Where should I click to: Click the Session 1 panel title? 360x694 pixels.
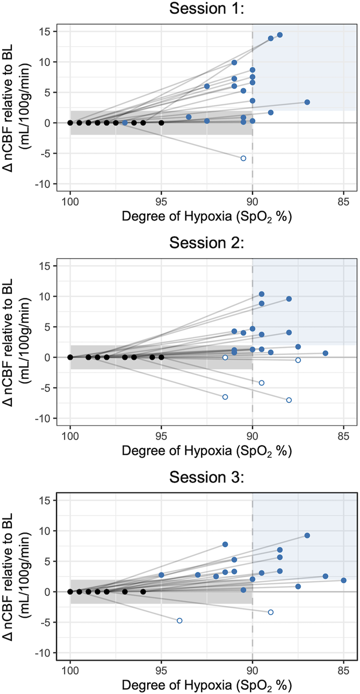[x=207, y=9]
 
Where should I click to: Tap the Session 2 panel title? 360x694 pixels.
[x=207, y=243]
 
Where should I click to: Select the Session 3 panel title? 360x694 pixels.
[x=207, y=477]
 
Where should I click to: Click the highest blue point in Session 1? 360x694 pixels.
[x=280, y=35]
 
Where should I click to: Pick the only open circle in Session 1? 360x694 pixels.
[x=243, y=158]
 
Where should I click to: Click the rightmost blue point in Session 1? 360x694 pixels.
[x=307, y=102]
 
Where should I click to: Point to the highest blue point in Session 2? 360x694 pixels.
[x=262, y=294]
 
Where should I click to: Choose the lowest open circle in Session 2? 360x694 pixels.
[x=289, y=400]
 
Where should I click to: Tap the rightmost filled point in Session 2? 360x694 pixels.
[x=326, y=353]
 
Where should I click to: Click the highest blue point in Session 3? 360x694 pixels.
[x=307, y=536]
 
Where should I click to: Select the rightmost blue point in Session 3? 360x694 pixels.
[x=343, y=581]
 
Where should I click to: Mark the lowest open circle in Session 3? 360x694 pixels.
[x=180, y=621]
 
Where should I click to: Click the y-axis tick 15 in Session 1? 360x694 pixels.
[x=46, y=31]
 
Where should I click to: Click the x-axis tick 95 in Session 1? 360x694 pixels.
[x=161, y=202]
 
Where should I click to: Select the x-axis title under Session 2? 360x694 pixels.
[x=207, y=451]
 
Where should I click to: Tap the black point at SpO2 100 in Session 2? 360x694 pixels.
[x=70, y=357]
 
